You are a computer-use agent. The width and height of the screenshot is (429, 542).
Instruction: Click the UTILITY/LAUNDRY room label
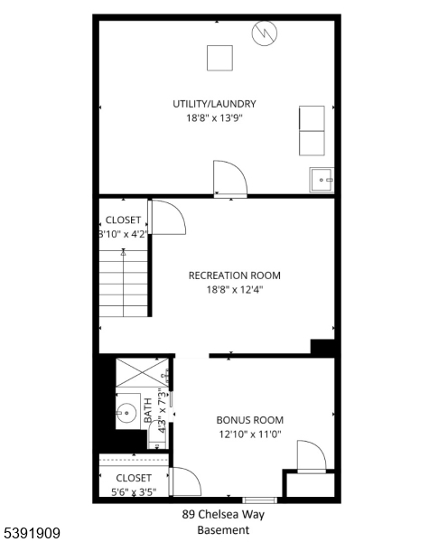tap(214, 104)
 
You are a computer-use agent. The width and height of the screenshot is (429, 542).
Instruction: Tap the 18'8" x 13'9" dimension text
tap(214, 117)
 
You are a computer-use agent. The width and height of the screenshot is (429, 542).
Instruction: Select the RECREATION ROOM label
tap(234, 276)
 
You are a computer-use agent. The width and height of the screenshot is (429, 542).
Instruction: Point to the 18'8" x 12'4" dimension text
tap(234, 290)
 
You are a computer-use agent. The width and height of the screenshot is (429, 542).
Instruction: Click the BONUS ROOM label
tap(249, 420)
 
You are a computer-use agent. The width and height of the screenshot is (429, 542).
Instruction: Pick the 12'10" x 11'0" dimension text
tap(249, 435)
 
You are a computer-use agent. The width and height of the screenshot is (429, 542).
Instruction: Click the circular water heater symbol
tap(266, 34)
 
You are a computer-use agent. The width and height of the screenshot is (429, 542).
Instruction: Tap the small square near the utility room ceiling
tap(219, 57)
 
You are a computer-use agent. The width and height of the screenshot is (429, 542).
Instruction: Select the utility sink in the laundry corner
tap(322, 181)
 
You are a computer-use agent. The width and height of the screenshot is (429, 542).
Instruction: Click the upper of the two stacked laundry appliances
tap(312, 118)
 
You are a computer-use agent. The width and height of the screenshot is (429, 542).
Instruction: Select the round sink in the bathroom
tap(126, 412)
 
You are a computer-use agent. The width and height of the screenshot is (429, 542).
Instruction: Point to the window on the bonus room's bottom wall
tap(257, 500)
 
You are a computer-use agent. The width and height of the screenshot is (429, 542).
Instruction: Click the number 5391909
tap(32, 534)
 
